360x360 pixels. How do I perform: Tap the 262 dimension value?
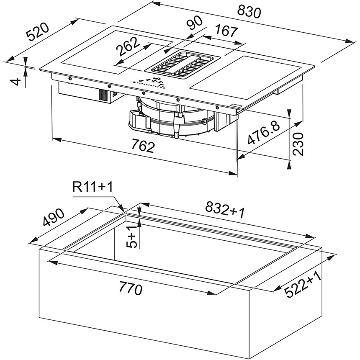(x=128, y=46)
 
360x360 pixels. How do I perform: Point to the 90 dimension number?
(x=194, y=23)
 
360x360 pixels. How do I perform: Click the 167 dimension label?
(x=226, y=31)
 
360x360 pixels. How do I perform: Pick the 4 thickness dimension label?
(x=16, y=82)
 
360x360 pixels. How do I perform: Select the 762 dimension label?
(x=143, y=146)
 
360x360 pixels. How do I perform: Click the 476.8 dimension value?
(x=264, y=133)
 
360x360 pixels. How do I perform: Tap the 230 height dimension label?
(x=298, y=144)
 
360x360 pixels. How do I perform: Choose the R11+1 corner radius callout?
(x=93, y=187)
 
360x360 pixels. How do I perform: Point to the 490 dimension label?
(x=54, y=217)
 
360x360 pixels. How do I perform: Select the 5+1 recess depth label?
(x=132, y=237)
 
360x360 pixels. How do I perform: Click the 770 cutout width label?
(x=131, y=288)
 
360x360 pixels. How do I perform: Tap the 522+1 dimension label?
(x=303, y=284)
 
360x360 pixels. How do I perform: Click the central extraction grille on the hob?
(x=183, y=65)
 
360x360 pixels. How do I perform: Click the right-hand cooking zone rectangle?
(x=245, y=77)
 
